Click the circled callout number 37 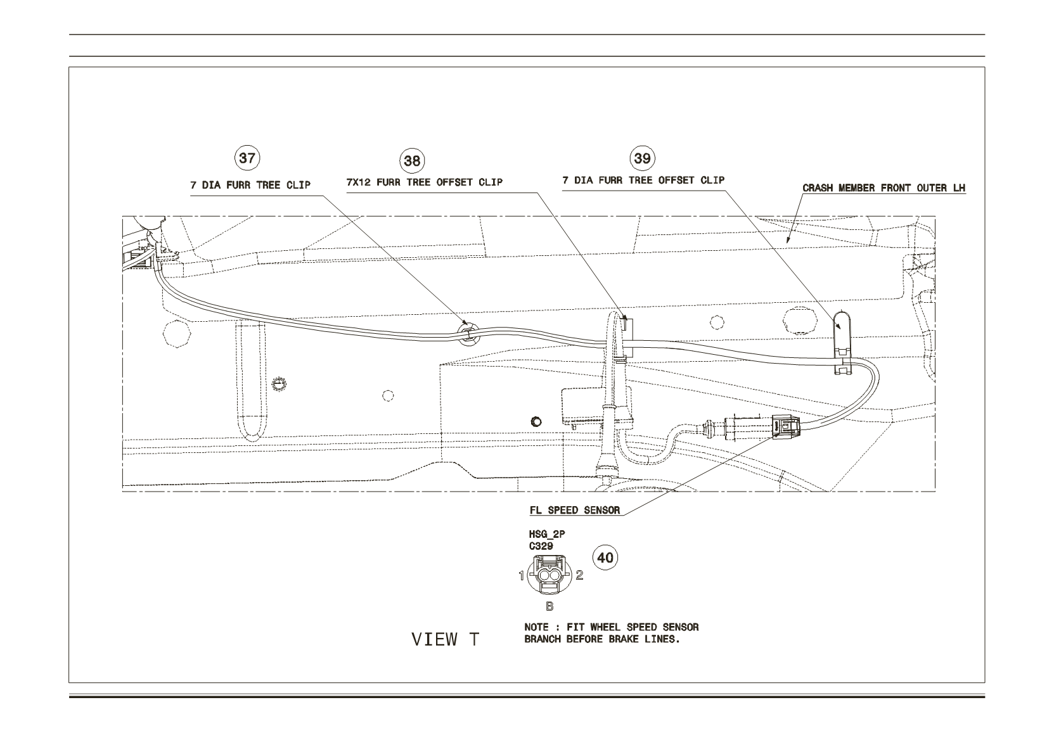[247, 158]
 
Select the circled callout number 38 [412, 161]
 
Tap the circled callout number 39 [642, 158]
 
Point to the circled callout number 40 [605, 558]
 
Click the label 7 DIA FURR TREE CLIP [250, 186]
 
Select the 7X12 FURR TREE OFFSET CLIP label [425, 182]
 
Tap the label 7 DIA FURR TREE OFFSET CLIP [643, 180]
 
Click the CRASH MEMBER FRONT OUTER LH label [884, 188]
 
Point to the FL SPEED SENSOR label [574, 511]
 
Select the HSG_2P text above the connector [547, 534]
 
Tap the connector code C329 [541, 546]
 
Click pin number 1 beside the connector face [522, 575]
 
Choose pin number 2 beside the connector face [579, 575]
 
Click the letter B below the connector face [549, 607]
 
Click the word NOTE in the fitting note [536, 627]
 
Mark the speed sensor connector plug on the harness [786, 426]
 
